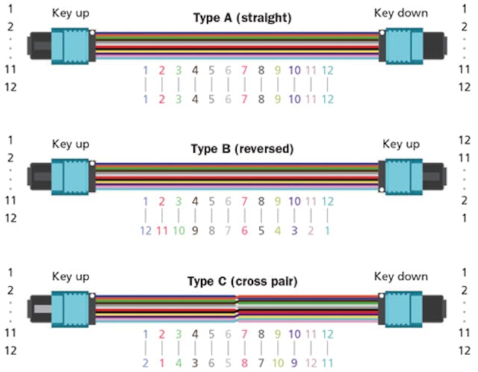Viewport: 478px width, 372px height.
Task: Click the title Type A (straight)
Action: pyautogui.click(x=238, y=16)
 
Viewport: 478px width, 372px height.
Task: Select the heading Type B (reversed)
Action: pyautogui.click(x=238, y=149)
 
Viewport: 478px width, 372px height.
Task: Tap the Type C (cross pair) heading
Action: pyautogui.click(x=238, y=282)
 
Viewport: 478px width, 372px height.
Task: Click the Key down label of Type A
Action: pyautogui.click(x=400, y=13)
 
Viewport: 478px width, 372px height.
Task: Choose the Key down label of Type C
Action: pyautogui.click(x=400, y=276)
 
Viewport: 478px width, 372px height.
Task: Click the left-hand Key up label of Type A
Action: pyautogui.click(x=70, y=13)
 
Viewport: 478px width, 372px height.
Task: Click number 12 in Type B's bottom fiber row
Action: pyautogui.click(x=146, y=230)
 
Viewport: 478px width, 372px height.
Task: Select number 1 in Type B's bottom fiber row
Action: pyautogui.click(x=327, y=230)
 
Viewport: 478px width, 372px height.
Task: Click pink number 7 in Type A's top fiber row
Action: pyautogui.click(x=244, y=70)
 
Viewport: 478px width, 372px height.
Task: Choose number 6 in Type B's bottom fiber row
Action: pyautogui.click(x=244, y=230)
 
